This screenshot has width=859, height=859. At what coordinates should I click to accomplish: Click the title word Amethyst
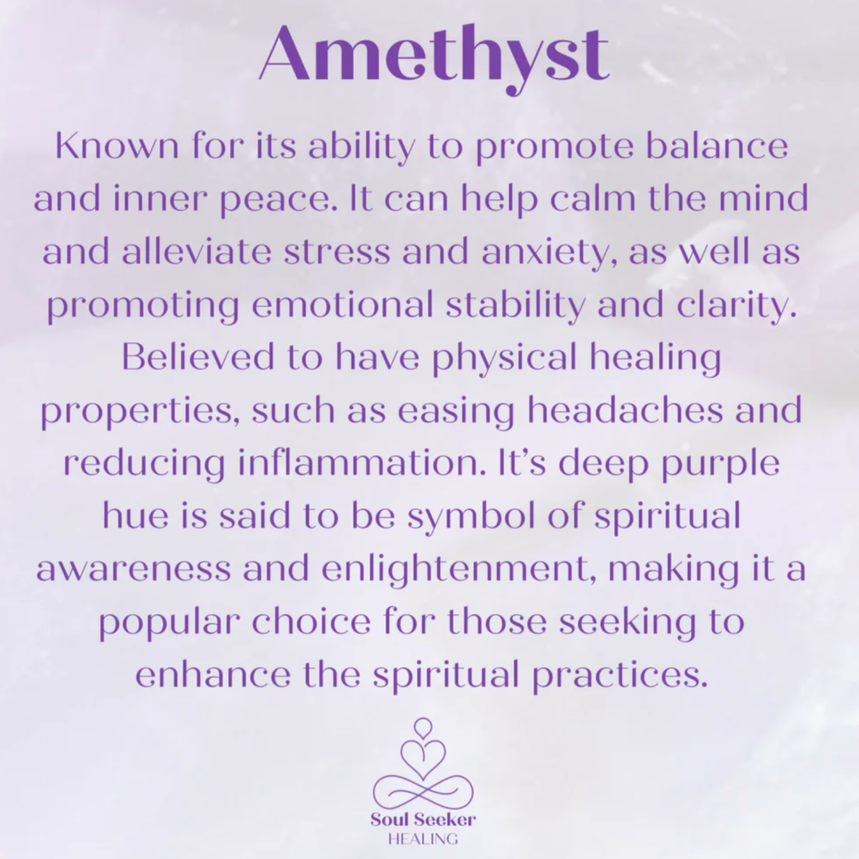434,55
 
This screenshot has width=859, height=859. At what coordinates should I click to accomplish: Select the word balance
716,146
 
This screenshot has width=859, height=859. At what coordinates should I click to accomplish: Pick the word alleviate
197,252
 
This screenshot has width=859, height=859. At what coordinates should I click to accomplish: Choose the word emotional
342,305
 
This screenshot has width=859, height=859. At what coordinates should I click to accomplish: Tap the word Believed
198,357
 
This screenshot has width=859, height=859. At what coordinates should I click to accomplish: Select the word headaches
625,410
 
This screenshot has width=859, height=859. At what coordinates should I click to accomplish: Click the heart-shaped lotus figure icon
423,764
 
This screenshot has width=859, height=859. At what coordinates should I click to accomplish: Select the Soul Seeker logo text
423,820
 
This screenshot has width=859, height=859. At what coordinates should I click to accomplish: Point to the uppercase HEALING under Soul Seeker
423,839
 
